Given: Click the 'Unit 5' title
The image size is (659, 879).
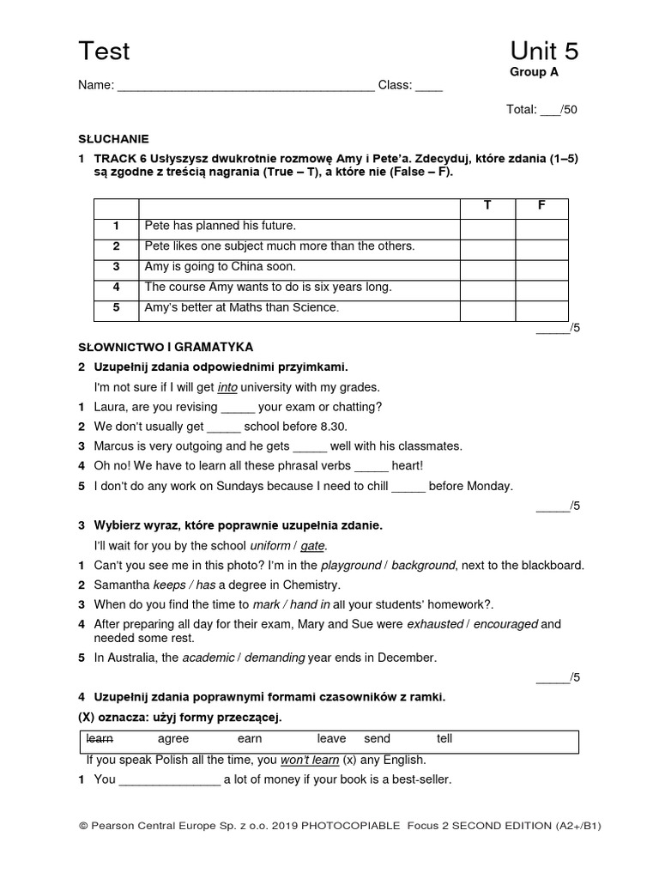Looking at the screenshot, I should coord(544,52).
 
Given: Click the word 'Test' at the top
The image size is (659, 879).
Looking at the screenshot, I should coord(104,52).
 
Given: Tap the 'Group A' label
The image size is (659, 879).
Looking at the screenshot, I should coord(534,73).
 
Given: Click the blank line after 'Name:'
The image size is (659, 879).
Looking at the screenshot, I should coord(245,86).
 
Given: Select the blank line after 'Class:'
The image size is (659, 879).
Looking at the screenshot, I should coord(429,86).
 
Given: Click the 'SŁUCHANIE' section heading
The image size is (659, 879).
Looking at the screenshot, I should coord(113,138).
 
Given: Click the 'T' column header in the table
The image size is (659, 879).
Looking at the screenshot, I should coord(487,207).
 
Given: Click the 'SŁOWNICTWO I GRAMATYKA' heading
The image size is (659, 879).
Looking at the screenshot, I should coord(166,348).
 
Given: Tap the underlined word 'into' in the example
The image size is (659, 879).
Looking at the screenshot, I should coord(227,388).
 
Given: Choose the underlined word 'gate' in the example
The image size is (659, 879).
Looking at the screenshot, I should coord(313,546).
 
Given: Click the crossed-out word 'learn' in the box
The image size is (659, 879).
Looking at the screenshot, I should coord(100,739).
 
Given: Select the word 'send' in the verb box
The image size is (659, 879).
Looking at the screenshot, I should coord(377,739).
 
